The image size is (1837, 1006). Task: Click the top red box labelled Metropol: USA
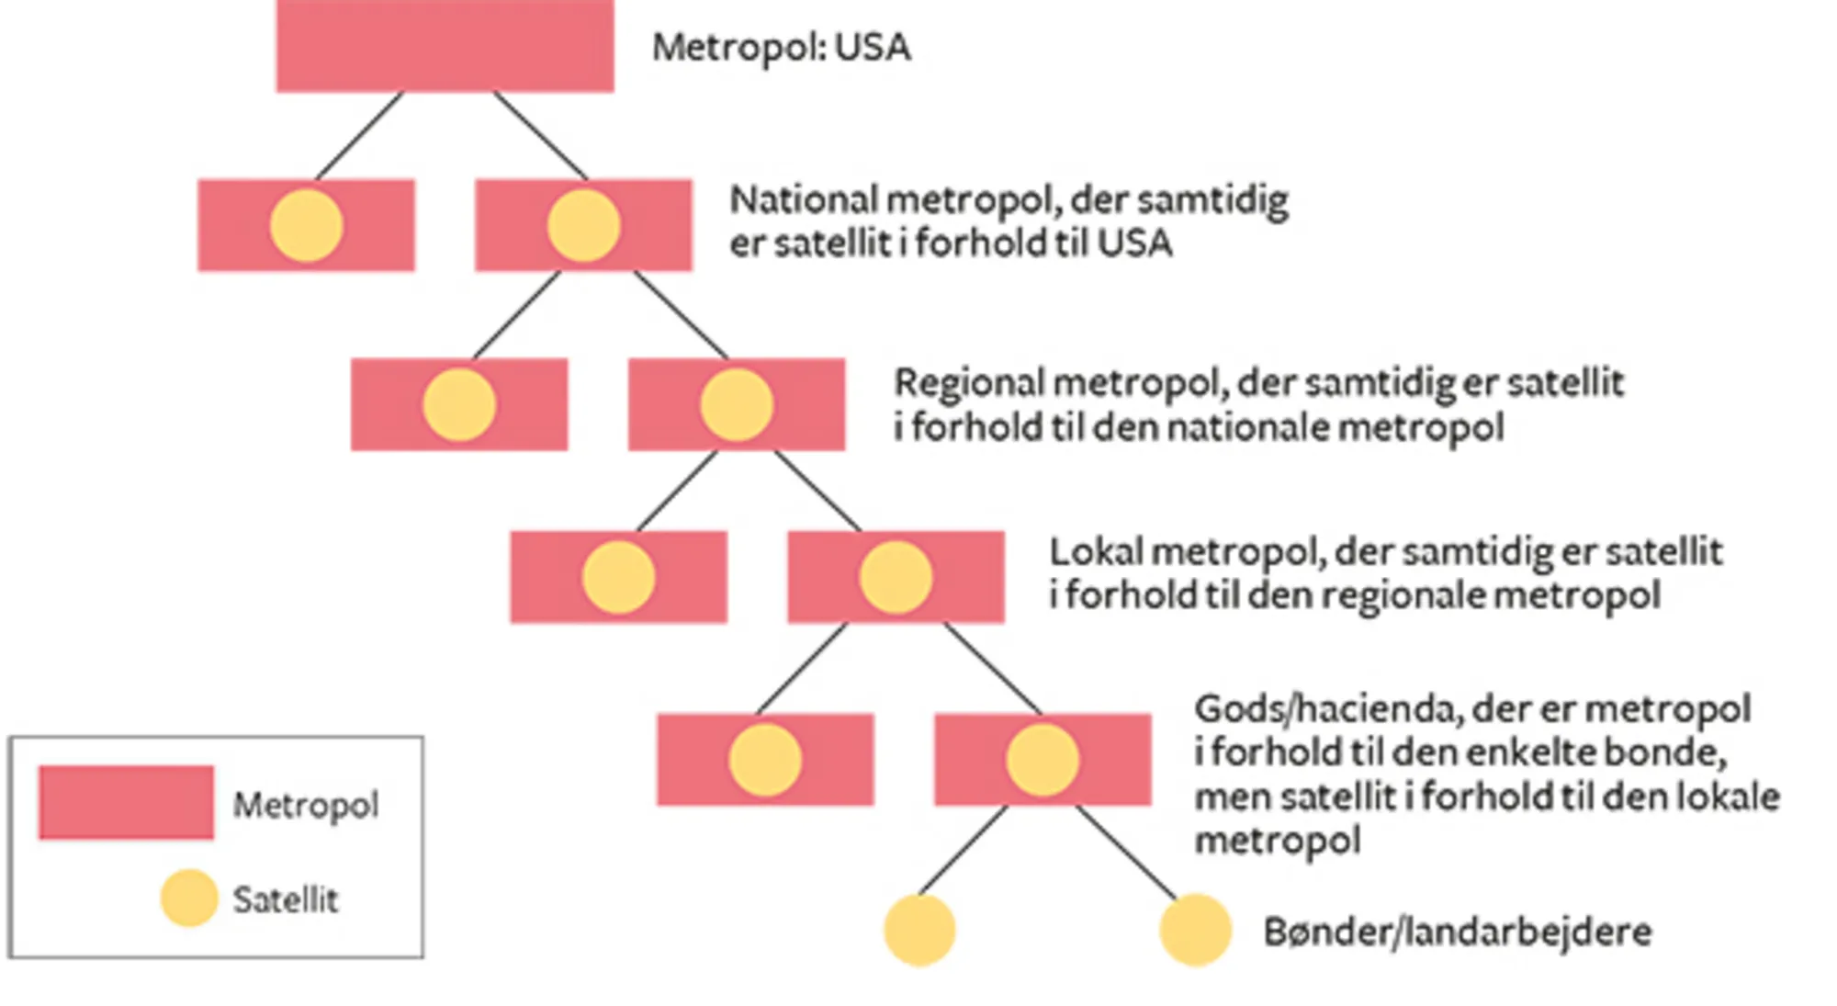tap(445, 46)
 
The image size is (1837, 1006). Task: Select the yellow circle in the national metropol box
tap(583, 226)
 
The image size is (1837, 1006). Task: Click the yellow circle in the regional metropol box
tap(737, 405)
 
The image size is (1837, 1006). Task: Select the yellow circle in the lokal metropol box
tap(896, 577)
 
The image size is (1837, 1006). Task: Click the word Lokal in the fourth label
tap(1095, 552)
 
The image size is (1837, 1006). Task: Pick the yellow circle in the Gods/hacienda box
tap(1042, 760)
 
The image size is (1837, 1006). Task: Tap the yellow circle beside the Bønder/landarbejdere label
tap(1195, 930)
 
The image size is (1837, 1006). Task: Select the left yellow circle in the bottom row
tap(919, 930)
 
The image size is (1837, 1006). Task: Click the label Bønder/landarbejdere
tap(1457, 933)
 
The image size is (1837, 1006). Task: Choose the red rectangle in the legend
tap(126, 802)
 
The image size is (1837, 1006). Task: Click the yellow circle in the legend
tap(189, 898)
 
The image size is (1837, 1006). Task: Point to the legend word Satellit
tap(285, 899)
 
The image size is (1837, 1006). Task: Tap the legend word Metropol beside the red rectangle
tap(305, 806)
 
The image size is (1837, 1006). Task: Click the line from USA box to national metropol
tap(540, 135)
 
